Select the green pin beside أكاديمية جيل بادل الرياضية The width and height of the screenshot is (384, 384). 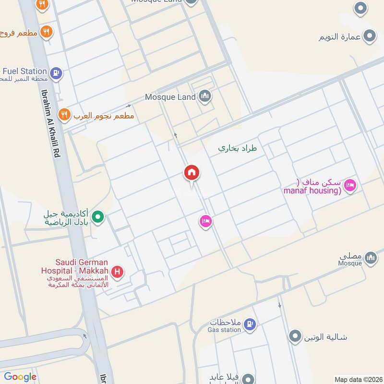click(x=98, y=218)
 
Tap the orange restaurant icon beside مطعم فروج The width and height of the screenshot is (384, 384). click(x=47, y=32)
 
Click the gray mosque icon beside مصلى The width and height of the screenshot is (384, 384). click(x=370, y=258)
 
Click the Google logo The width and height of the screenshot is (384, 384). click(x=20, y=377)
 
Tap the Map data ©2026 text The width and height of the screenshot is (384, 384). click(x=358, y=379)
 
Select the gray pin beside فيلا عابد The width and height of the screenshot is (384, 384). click(x=248, y=378)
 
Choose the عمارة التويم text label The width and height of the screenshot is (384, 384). click(x=338, y=36)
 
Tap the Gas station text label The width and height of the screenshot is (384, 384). click(x=224, y=330)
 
